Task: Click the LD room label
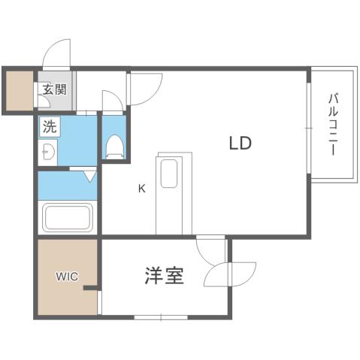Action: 240,143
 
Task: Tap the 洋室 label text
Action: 164,276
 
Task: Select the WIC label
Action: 66,276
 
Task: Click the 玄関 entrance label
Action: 54,91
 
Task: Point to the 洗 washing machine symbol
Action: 49,128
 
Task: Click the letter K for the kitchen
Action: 141,189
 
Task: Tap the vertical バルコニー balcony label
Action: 331,125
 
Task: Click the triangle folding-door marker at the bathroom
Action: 89,177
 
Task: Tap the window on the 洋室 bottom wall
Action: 160,316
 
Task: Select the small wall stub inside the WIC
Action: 91,288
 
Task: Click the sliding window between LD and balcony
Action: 307,128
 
